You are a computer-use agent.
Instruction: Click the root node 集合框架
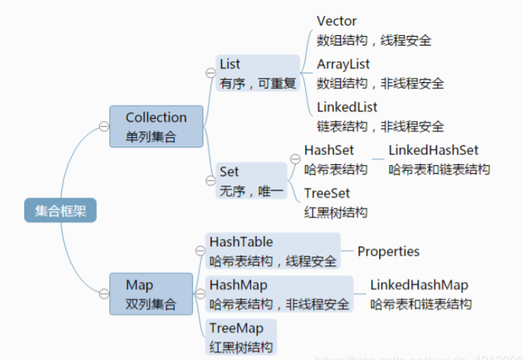click(x=59, y=211)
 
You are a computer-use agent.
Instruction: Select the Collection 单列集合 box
click(x=156, y=126)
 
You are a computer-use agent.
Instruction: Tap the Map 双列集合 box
click(x=150, y=294)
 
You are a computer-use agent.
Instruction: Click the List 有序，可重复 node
click(x=257, y=73)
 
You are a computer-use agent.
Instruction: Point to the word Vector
click(x=337, y=21)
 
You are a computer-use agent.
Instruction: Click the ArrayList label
click(x=343, y=64)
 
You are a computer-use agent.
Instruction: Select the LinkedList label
click(x=347, y=107)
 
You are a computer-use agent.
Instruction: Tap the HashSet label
click(x=329, y=150)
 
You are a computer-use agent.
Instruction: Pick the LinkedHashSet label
click(x=433, y=150)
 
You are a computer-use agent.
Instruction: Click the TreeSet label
click(x=327, y=193)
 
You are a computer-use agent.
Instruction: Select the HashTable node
click(x=272, y=251)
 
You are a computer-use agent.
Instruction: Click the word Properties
click(x=388, y=251)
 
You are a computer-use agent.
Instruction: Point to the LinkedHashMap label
click(x=419, y=285)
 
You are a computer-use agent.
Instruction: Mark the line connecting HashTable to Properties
click(x=348, y=251)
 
